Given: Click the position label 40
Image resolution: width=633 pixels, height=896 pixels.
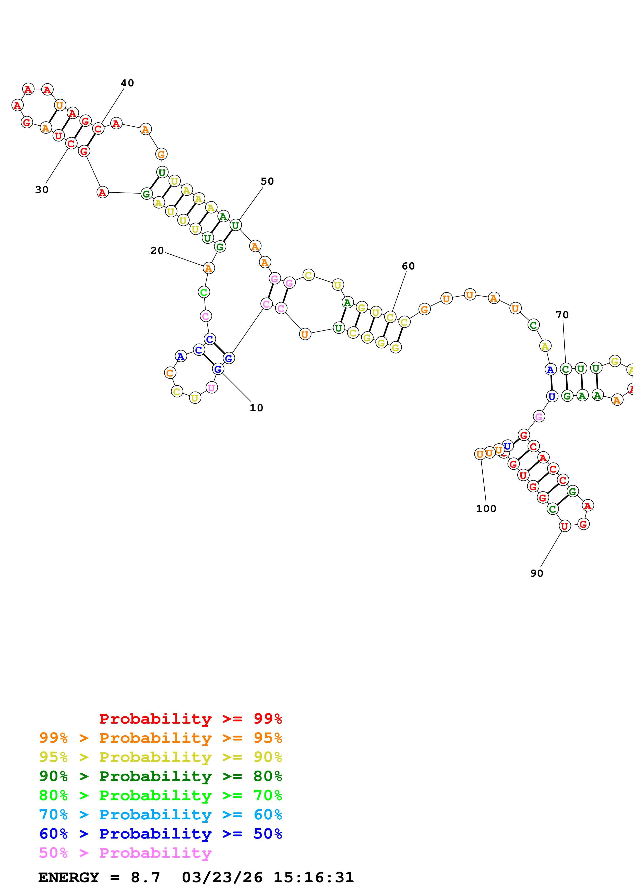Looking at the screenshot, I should coord(127,83).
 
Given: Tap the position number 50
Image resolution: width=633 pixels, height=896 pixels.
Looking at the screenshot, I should coord(267,181).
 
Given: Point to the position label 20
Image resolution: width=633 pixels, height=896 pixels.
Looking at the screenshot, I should coord(157,251).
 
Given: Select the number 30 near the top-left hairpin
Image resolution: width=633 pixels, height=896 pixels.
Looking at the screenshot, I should coord(42,190).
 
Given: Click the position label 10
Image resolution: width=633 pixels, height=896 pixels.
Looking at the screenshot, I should coord(256,408).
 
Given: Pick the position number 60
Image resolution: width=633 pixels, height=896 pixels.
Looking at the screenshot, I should coord(408,266).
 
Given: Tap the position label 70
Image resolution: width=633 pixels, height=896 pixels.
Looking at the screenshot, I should coord(562,315).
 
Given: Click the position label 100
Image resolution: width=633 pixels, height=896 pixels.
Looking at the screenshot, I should coord(486,509).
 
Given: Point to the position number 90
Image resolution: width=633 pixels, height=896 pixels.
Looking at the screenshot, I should coord(537,573).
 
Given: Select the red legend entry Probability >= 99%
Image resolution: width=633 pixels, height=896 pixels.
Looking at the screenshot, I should coord(190,719).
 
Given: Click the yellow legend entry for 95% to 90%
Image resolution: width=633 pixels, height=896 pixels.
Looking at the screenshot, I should coord(161,757).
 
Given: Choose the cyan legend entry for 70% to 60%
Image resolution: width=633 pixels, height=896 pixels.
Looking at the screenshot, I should coord(161,815).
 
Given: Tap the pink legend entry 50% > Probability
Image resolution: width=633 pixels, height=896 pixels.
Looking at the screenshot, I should coord(125,853).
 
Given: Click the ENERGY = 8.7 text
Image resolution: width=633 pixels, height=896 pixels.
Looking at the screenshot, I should coord(99,877).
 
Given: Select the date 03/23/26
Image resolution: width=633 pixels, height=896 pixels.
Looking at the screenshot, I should coord(222,877).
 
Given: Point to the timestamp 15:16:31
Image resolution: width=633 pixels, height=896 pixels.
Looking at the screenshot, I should coord(314,877).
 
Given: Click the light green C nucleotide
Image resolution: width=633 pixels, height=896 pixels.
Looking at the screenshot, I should coord(204,292).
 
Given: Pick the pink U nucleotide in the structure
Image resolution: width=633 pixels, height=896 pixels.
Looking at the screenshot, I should coord(211,387).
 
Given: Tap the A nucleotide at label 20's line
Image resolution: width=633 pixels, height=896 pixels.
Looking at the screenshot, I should coord(209,268).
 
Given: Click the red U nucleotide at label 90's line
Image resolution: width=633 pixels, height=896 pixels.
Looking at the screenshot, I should coord(564,526).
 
